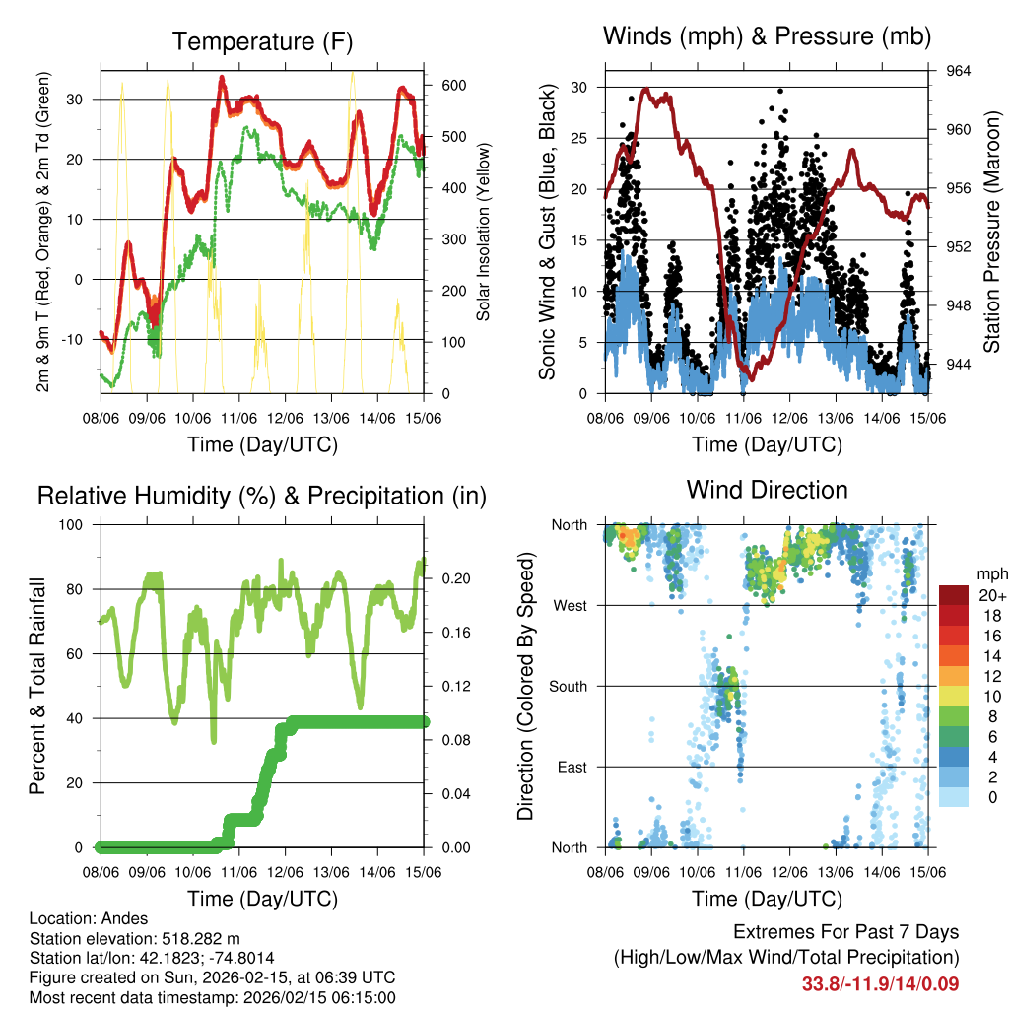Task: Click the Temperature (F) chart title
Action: (x=261, y=42)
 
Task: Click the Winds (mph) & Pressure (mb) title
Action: (x=767, y=37)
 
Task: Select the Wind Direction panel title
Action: (x=767, y=489)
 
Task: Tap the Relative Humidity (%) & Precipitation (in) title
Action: (x=261, y=496)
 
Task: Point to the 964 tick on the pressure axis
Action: (x=958, y=71)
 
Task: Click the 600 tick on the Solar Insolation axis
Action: (x=452, y=86)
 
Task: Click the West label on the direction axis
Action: (x=571, y=606)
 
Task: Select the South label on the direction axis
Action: (x=569, y=686)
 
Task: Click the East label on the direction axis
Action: (x=572, y=767)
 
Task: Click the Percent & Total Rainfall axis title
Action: (x=36, y=686)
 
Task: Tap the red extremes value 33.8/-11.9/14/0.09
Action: (x=880, y=983)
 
